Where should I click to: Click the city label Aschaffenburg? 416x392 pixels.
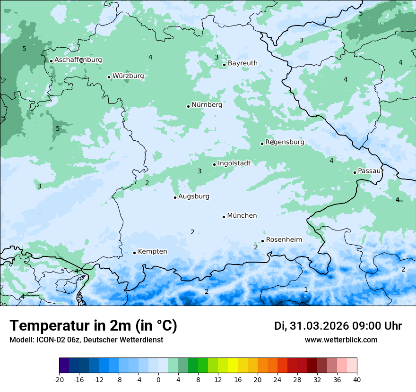[78, 60]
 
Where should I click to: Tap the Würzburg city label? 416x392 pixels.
[128, 76]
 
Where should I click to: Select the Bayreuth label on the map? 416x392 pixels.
[243, 63]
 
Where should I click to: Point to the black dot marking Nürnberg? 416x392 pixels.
[188, 106]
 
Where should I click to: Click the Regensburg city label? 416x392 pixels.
[285, 142]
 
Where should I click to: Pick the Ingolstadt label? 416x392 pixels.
[234, 163]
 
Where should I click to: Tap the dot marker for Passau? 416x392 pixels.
[355, 172]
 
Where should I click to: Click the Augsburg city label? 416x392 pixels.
[193, 196]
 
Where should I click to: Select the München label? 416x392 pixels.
[242, 216]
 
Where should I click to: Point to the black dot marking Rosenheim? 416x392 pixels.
[262, 241]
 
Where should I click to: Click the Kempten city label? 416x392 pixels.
[152, 252]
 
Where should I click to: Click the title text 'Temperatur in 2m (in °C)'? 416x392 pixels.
[93, 326]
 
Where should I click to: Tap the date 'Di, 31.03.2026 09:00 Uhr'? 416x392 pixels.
[338, 326]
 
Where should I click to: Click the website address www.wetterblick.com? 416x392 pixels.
[341, 340]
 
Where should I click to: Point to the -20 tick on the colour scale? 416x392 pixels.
[59, 379]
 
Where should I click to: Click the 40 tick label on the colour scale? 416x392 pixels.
[356, 379]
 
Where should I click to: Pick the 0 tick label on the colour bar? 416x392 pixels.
[158, 379]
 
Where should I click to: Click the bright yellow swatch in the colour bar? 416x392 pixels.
[233, 366]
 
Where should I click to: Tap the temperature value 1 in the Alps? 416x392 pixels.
[305, 290]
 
